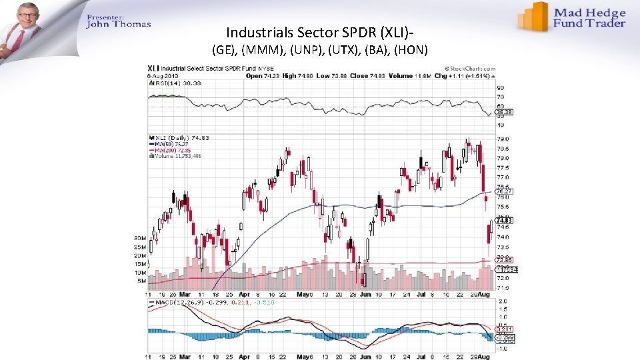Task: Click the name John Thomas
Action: pyautogui.click(x=119, y=25)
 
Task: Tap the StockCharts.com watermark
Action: pyautogui.click(x=470, y=68)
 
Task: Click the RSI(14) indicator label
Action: pyautogui.click(x=165, y=82)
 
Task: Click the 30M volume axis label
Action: pyautogui.click(x=140, y=238)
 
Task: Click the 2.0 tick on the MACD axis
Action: pyautogui.click(x=501, y=301)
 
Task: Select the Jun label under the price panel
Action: pyautogui.click(x=365, y=294)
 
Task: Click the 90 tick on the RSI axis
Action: pyautogui.click(x=499, y=87)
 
